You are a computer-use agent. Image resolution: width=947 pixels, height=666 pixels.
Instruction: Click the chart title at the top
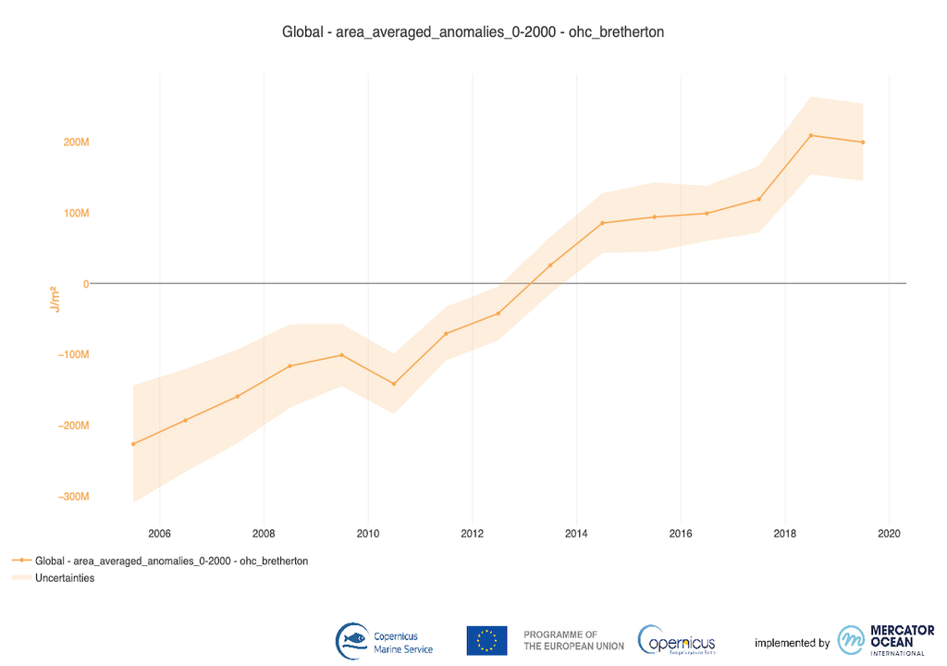[473, 31]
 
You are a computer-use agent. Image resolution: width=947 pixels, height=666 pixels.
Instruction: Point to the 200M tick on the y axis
[76, 142]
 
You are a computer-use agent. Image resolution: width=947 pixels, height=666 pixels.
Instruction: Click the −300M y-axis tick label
[73, 497]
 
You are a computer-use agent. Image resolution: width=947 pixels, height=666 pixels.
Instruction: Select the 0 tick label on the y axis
[85, 284]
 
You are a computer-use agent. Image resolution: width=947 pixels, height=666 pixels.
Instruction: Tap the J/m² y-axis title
[55, 299]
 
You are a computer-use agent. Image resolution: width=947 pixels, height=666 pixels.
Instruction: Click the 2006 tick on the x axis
[160, 533]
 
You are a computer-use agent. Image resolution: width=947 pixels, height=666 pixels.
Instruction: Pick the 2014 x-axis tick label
[576, 533]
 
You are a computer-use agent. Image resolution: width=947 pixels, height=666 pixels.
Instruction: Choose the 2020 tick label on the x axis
[889, 533]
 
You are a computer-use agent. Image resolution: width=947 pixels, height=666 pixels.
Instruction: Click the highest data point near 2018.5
[811, 135]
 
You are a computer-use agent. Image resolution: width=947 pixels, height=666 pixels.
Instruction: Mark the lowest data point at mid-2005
[133, 444]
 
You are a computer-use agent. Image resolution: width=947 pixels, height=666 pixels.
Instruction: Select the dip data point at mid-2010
[394, 384]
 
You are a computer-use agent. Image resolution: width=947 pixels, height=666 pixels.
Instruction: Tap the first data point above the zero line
[550, 265]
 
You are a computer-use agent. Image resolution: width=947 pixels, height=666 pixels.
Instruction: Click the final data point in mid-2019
[863, 142]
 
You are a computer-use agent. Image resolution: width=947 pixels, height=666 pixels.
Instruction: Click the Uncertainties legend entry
[65, 578]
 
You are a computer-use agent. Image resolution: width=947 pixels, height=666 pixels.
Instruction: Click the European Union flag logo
[486, 640]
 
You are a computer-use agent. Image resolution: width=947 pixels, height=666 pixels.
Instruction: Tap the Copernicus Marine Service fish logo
[352, 640]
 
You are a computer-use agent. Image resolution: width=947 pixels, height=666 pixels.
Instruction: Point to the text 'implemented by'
[792, 643]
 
